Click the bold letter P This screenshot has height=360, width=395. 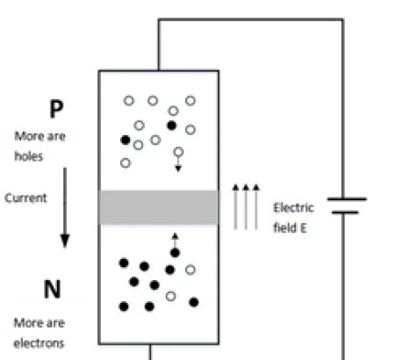coord(56,109)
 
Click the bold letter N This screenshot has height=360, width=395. coord(52,289)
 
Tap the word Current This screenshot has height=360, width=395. coord(25,198)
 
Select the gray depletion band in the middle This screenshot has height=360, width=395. coord(158,207)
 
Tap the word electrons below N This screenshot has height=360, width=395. coord(39,343)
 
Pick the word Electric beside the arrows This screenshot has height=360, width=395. coord(292,208)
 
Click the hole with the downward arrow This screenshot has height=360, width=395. coord(178,153)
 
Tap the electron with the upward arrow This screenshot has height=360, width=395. coord(175,253)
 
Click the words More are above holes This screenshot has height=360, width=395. coord(39,136)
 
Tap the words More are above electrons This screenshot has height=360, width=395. coord(39,323)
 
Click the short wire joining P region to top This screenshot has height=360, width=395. coord(158,44)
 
